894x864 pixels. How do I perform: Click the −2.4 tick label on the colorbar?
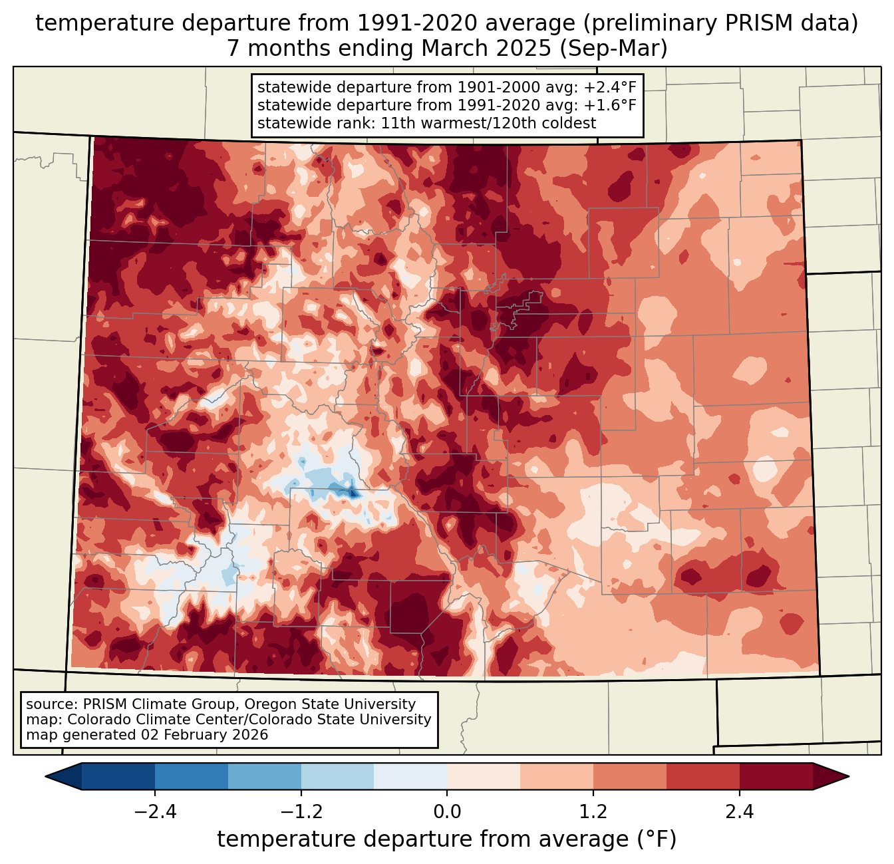155,812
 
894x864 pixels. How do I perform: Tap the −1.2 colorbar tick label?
301,812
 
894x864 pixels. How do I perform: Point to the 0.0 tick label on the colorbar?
447,812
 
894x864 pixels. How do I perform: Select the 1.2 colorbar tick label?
593,812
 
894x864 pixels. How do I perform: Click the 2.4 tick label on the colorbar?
740,812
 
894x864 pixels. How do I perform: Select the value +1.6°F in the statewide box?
610,105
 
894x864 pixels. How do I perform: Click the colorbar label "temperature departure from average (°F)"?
447,839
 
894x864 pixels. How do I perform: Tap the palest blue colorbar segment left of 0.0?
410,776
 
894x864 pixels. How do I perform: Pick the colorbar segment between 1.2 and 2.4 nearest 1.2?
630,776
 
